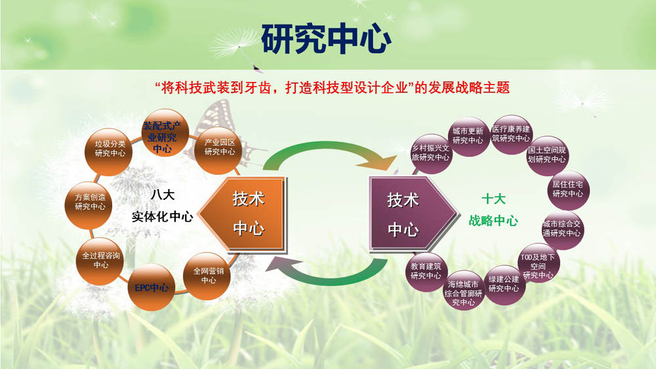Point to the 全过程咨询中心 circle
101,260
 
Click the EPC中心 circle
152,287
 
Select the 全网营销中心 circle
209,275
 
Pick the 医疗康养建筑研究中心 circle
511,134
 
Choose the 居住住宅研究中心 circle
567,189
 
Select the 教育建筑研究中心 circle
426,271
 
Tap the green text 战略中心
493,221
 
